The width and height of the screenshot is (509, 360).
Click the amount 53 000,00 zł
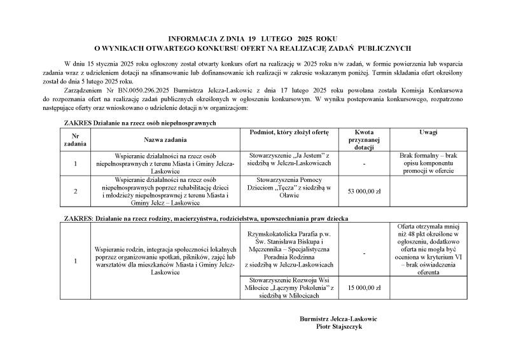click(x=363, y=191)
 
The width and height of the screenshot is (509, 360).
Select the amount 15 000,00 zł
click(x=363, y=287)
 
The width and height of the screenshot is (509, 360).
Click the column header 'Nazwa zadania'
click(x=165, y=139)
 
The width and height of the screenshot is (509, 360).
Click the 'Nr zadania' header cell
click(x=75, y=139)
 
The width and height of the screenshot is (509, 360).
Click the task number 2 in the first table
click(x=75, y=191)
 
